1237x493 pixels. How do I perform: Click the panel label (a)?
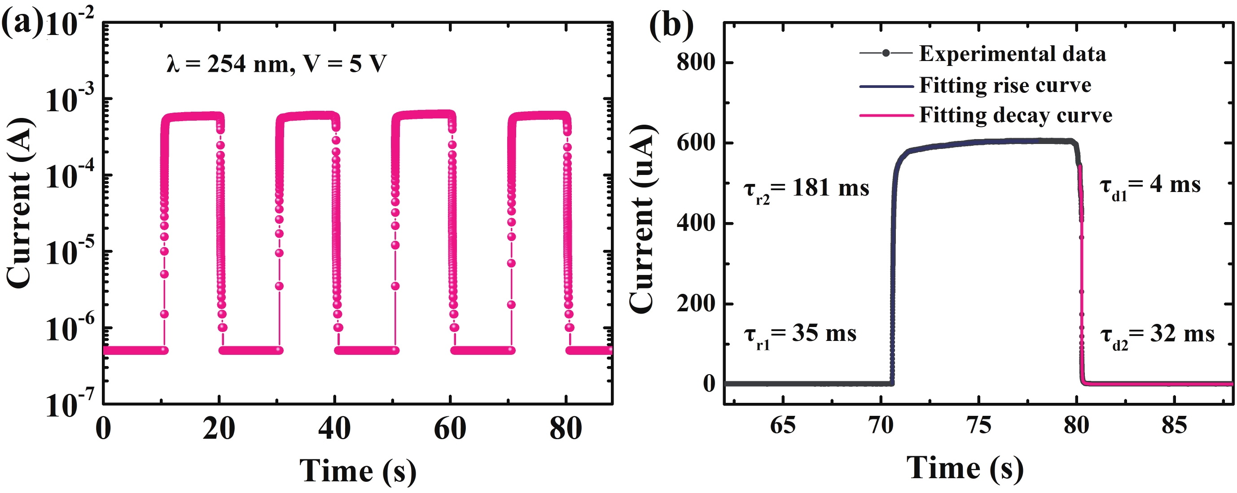coord(22,24)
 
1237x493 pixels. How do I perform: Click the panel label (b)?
coord(671,24)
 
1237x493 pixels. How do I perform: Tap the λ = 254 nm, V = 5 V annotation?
coord(276,64)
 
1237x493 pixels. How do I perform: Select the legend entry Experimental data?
coord(1012,54)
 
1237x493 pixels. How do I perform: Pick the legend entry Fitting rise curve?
coord(1005,85)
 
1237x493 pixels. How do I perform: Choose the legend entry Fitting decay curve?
coord(1016,115)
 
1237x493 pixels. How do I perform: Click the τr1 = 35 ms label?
coord(800,335)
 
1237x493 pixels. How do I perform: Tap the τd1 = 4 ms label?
coord(1149,186)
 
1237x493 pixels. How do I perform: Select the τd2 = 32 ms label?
coord(1157,335)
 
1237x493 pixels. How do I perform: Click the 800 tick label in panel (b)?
coord(696,63)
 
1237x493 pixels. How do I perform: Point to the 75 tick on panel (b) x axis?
coord(978,425)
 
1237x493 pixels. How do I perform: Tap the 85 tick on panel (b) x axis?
coord(1174,425)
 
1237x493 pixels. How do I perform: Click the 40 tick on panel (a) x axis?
coord(334,428)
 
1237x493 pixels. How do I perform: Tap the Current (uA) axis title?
coord(642,219)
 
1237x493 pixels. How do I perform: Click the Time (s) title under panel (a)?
coord(358,471)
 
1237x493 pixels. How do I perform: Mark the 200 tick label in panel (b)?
coord(696,304)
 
